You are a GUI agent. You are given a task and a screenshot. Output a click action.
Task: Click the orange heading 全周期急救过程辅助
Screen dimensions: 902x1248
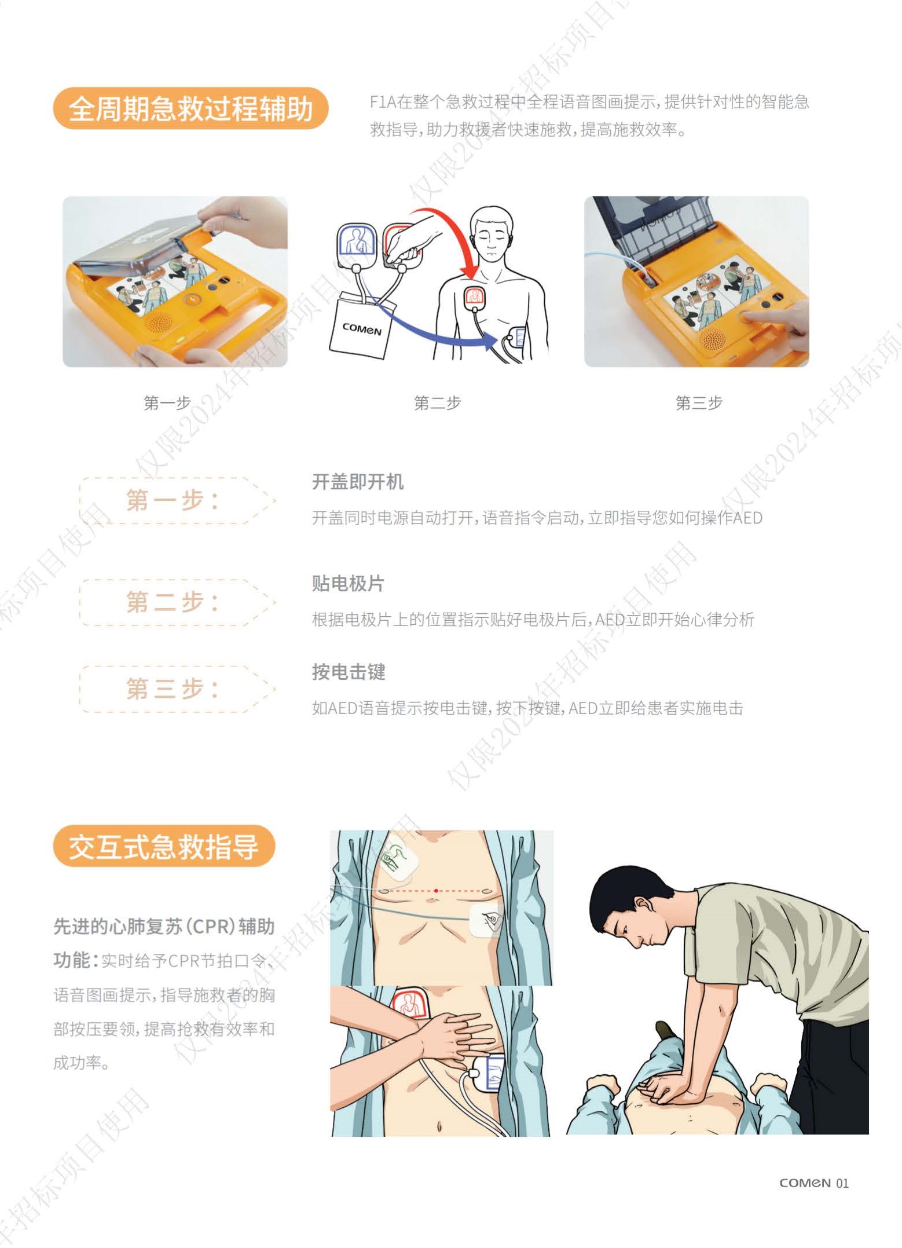190,108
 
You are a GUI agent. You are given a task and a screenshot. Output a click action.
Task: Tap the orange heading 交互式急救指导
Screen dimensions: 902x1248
164,846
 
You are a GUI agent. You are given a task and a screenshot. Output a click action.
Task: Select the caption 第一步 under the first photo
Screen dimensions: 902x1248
167,402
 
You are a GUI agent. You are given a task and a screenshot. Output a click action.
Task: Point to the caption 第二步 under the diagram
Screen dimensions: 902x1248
437,402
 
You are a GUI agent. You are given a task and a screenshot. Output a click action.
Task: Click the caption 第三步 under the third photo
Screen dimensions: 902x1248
699,402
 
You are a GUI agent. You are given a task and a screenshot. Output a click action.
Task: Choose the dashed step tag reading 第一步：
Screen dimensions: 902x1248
177,500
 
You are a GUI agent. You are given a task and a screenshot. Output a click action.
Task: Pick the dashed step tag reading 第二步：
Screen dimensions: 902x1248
177,602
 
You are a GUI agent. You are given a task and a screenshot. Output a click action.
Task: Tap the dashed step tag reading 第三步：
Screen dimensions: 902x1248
177,689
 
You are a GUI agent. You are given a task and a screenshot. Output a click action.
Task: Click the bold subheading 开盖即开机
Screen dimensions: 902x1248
358,481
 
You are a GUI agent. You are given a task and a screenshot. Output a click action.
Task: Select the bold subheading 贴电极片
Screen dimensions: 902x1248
348,583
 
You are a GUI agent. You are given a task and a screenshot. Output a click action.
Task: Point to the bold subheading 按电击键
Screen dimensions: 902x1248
349,672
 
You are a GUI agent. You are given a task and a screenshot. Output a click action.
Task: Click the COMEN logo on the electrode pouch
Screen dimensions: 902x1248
362,329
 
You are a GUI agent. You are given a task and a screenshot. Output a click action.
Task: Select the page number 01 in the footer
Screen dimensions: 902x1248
842,1183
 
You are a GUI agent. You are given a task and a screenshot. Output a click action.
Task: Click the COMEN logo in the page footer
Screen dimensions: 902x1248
805,1183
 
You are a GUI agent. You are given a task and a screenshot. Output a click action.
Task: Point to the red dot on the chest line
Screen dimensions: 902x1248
435,890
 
